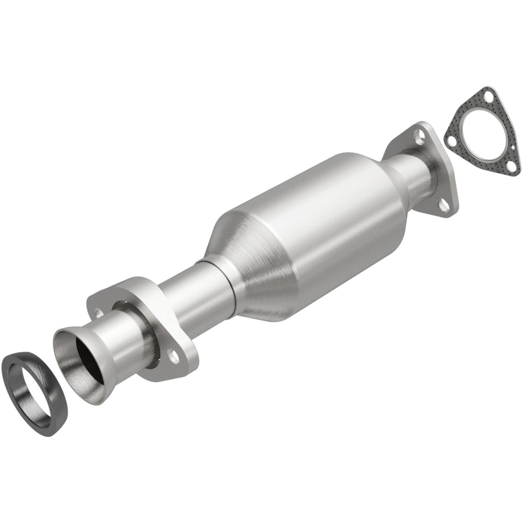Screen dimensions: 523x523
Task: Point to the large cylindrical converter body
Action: (314, 223)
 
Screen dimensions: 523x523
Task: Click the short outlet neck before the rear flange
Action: (415, 178)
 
